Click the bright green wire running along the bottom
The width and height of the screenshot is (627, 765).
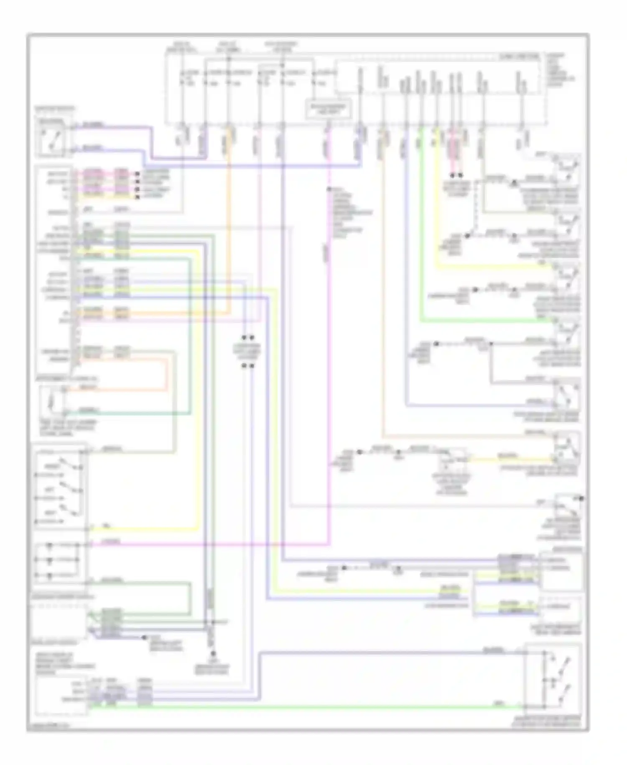coord(293,707)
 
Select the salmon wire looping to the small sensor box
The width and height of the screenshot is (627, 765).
coord(167,377)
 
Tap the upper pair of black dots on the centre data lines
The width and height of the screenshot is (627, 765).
coord(248,337)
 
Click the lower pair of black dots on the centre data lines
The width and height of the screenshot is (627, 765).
coord(248,365)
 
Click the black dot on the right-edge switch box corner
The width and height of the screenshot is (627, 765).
coord(581,498)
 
